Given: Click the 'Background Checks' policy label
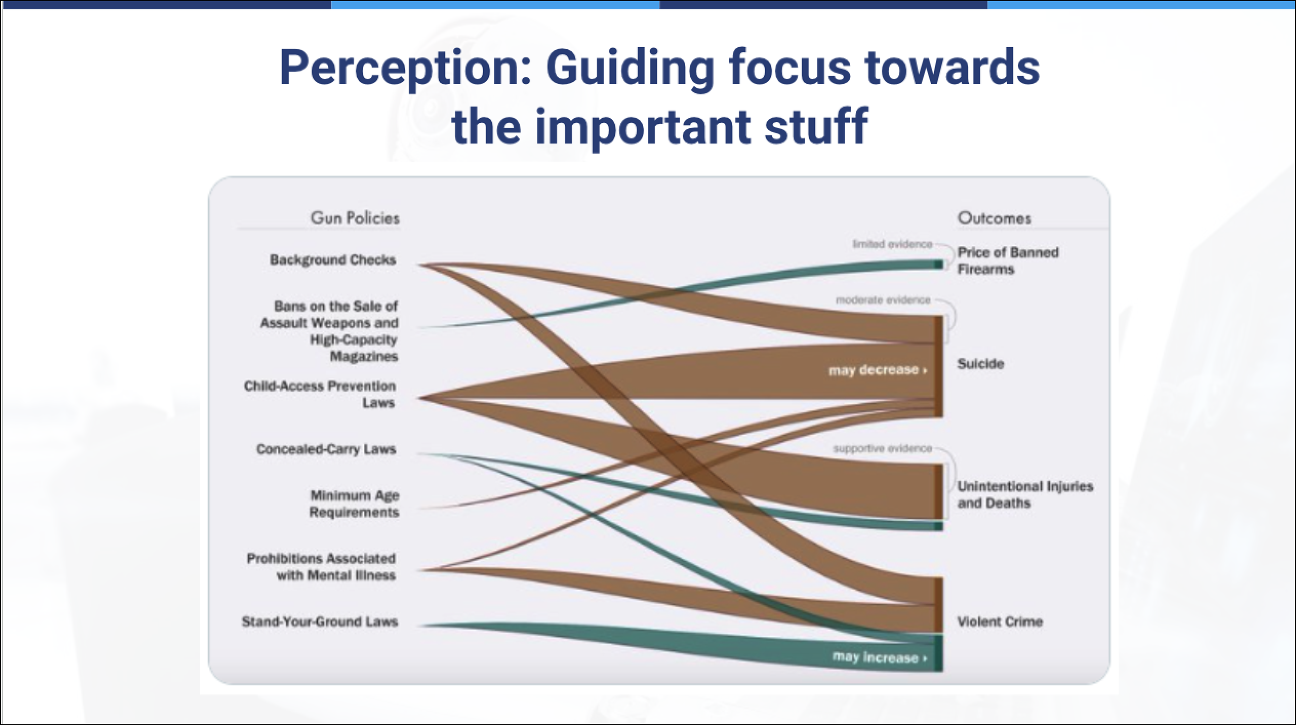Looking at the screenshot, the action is [333, 260].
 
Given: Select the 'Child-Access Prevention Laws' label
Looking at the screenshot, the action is [320, 394].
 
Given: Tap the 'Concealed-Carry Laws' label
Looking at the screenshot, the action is [326, 449].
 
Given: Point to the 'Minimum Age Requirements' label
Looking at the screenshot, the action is [355, 504].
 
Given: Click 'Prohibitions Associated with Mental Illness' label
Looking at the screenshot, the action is [321, 567].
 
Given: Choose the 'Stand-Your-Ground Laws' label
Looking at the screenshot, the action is [320, 622].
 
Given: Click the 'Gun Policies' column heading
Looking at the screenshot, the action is [355, 218].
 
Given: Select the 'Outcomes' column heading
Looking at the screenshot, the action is [994, 218].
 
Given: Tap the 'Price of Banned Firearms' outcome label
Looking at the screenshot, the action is [1007, 261].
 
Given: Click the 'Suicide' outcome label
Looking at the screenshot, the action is [980, 364].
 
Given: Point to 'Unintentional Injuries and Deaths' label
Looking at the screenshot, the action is [1024, 495].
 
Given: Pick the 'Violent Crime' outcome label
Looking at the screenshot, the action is [999, 622].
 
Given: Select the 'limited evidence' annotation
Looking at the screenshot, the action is [892, 244].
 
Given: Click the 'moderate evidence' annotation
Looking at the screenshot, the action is [883, 300].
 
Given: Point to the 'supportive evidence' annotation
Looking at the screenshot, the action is [882, 449].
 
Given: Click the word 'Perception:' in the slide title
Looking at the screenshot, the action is [405, 68].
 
